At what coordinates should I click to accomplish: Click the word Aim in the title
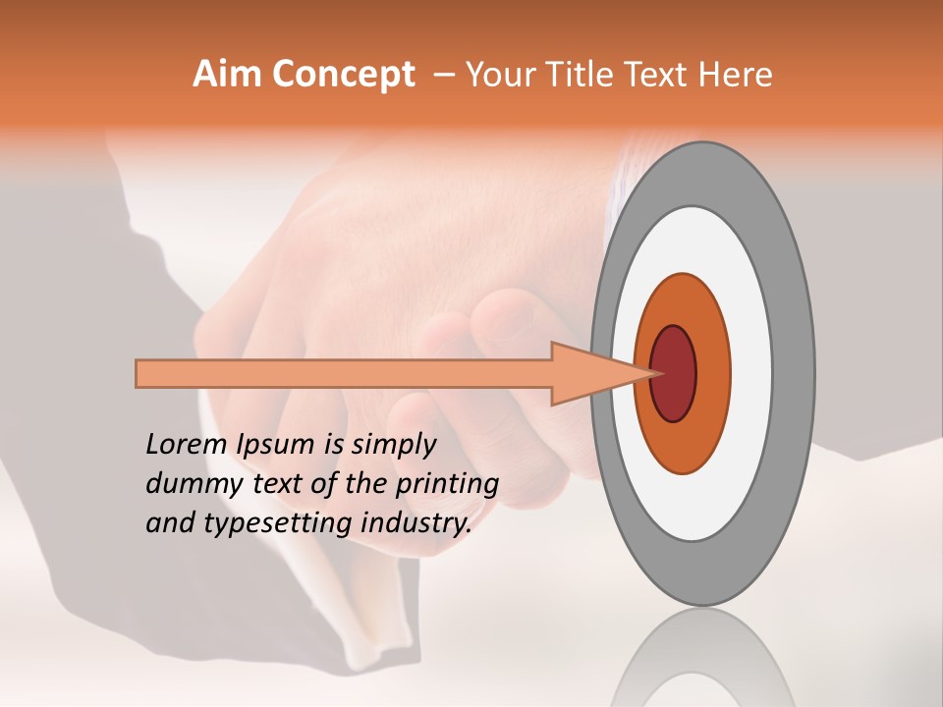tap(228, 74)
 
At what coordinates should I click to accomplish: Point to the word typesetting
tap(264, 524)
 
